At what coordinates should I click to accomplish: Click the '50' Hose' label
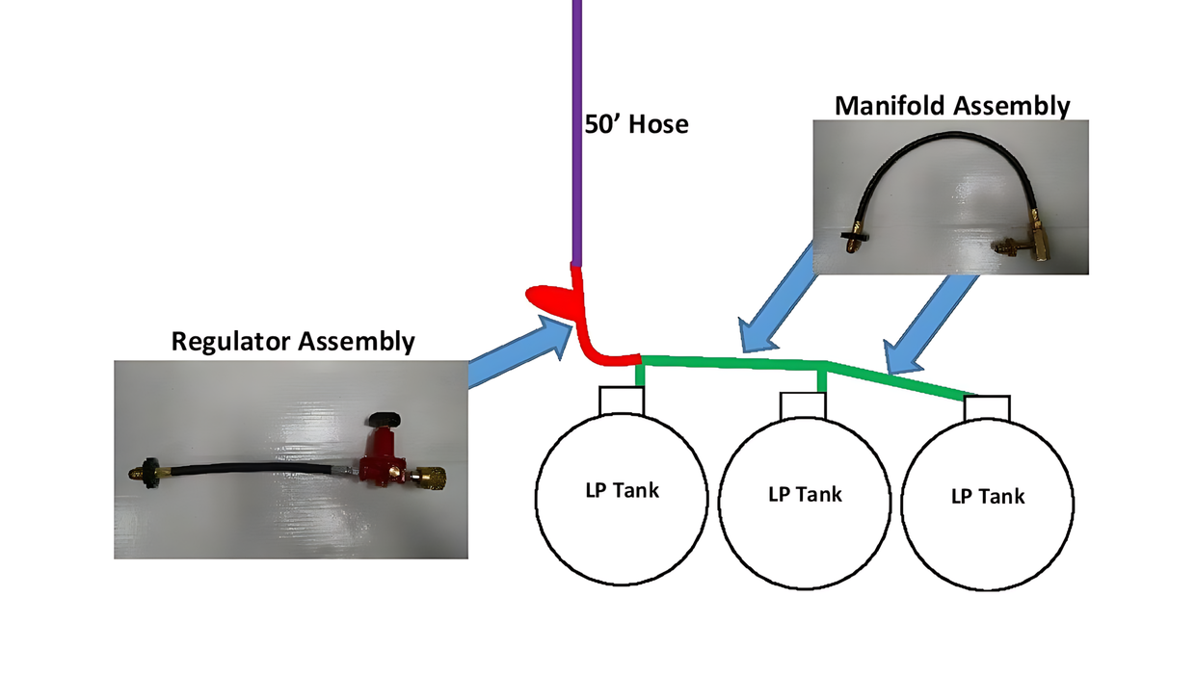coord(637,124)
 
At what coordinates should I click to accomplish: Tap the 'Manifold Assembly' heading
coord(951,105)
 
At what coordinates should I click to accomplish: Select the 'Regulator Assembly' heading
coord(293,341)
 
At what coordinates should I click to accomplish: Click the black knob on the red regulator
coord(384,419)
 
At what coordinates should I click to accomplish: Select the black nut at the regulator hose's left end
coord(148,472)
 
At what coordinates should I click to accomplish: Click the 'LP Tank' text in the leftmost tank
coord(622,489)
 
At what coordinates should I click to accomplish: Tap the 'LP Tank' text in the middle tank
coord(805,495)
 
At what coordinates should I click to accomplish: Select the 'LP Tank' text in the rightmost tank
coord(988,497)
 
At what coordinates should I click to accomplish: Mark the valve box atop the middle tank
coord(805,405)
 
